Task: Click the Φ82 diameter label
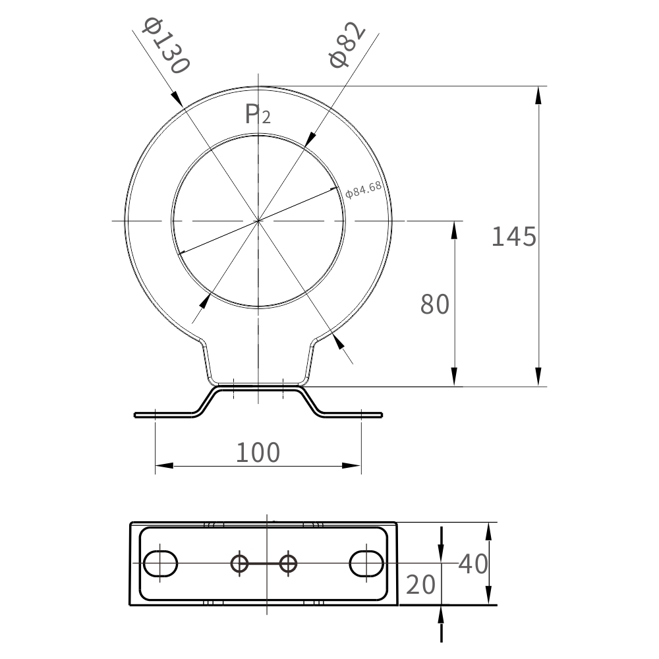coord(347,45)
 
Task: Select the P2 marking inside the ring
coord(257,115)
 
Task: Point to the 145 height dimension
coord(514,236)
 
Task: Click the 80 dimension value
coord(435,304)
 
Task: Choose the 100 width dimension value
coord(258,453)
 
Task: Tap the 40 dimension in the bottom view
coord(473,564)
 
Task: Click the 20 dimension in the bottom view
coord(420,585)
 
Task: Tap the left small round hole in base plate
coord(239,563)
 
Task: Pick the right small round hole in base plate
coord(288,563)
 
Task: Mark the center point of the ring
coord(258,221)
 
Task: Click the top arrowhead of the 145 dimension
coord(539,94)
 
